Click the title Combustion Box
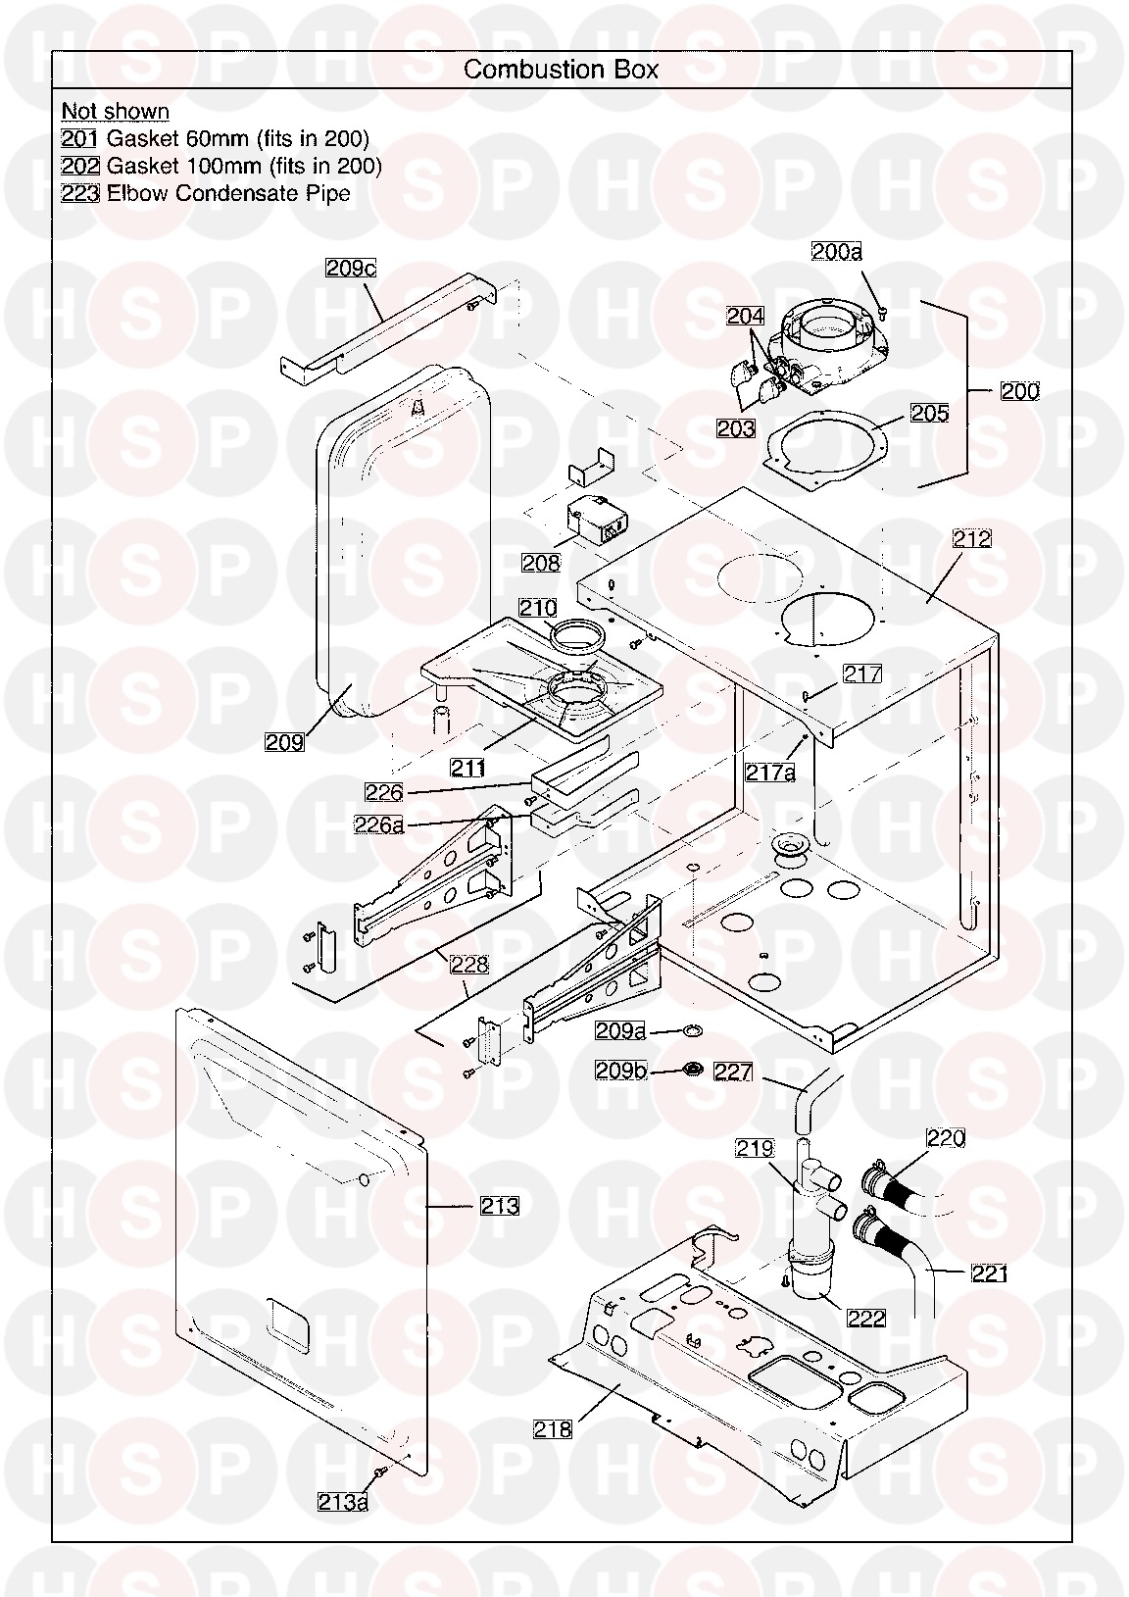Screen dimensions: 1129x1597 pyautogui.click(x=561, y=70)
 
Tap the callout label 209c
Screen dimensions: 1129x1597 pyautogui.click(x=351, y=268)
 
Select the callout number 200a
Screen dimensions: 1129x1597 pyautogui.click(x=837, y=251)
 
